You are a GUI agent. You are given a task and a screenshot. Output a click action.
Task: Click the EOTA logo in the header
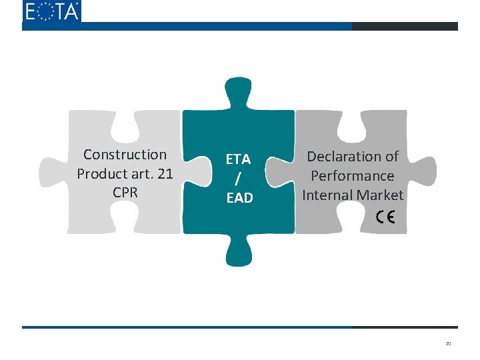tap(51, 11)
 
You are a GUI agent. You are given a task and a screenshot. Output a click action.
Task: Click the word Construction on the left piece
tap(125, 155)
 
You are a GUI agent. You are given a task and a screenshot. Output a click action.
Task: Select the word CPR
tap(125, 192)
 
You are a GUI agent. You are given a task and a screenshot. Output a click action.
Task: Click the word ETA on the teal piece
tap(238, 159)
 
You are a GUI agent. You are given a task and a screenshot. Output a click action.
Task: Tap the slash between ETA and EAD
tap(238, 179)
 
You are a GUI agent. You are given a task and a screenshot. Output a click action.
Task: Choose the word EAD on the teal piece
tap(239, 198)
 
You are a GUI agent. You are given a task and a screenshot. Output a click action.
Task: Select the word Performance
tap(353, 176)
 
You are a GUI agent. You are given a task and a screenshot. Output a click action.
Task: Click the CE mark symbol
tap(385, 217)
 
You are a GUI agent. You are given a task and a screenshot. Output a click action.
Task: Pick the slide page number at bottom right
tap(448, 344)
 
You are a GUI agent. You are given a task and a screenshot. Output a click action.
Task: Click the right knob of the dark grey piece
tap(423, 172)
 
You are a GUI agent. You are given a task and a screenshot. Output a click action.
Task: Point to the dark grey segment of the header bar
tap(405, 27)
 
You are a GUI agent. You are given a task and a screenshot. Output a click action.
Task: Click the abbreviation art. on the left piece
tap(139, 173)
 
